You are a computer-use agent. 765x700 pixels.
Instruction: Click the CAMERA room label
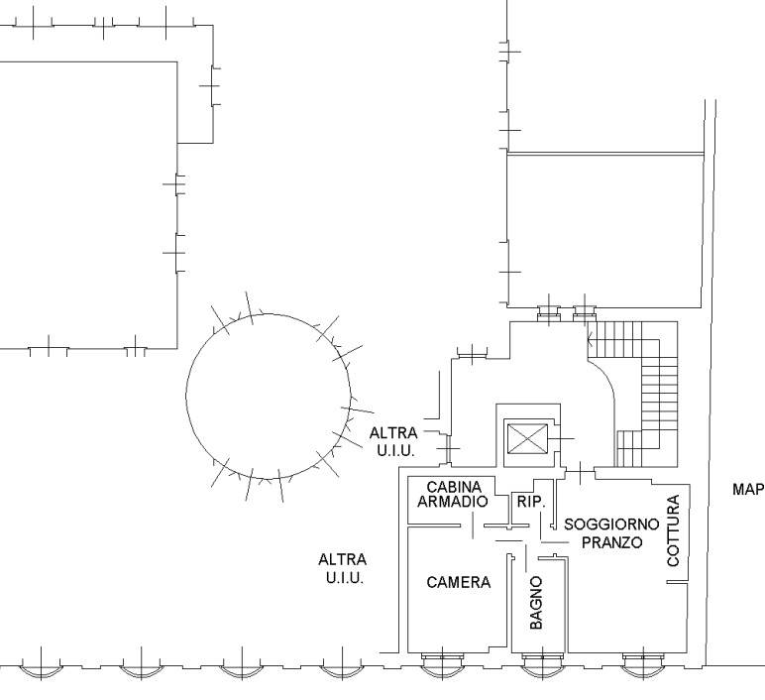[x=458, y=582]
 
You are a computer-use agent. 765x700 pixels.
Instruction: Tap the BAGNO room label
[x=536, y=603]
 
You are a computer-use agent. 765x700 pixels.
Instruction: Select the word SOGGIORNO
[x=611, y=525]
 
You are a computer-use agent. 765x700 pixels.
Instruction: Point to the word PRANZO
[x=611, y=542]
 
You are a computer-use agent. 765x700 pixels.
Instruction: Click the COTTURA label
[x=673, y=530]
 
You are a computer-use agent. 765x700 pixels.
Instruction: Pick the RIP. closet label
[x=531, y=502]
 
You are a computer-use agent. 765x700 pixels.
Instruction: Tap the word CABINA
[x=454, y=487]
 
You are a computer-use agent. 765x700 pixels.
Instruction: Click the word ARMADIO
[x=452, y=502]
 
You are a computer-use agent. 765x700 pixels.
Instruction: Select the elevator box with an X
[x=527, y=439]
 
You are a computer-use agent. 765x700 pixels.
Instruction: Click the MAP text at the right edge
[x=748, y=489]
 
